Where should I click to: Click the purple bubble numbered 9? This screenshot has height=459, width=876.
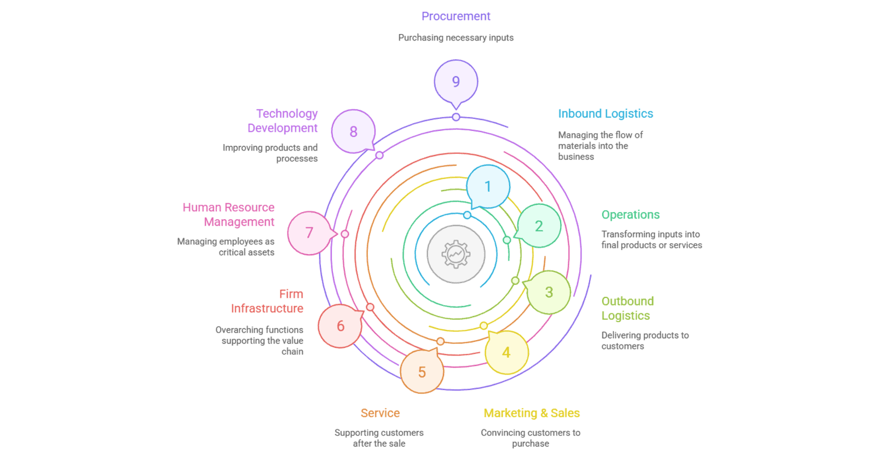tap(456, 82)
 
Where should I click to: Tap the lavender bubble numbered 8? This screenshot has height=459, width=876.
tap(353, 131)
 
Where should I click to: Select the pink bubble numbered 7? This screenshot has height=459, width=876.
tap(309, 233)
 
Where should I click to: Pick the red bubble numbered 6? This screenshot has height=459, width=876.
tap(340, 326)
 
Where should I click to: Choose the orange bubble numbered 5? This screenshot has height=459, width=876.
tap(422, 372)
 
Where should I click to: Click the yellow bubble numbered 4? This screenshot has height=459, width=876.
tap(506, 352)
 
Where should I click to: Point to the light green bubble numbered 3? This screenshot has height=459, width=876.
tap(549, 292)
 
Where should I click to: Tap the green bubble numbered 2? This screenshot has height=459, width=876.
tap(539, 226)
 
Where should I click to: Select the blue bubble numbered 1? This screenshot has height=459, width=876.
tap(488, 186)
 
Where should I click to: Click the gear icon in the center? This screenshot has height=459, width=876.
tap(456, 254)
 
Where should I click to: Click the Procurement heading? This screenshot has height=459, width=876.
tap(456, 16)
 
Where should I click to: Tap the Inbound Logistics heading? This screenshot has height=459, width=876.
tap(606, 113)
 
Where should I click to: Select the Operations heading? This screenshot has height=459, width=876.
tap(630, 215)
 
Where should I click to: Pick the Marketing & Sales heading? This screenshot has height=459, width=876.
tap(531, 413)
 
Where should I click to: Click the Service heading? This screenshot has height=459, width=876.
tap(380, 413)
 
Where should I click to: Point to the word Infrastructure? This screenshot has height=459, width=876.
tap(267, 308)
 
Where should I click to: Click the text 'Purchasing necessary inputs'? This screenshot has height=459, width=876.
tap(456, 38)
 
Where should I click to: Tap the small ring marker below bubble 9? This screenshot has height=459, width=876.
tap(456, 117)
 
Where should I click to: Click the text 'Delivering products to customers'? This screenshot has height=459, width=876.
tap(644, 340)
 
